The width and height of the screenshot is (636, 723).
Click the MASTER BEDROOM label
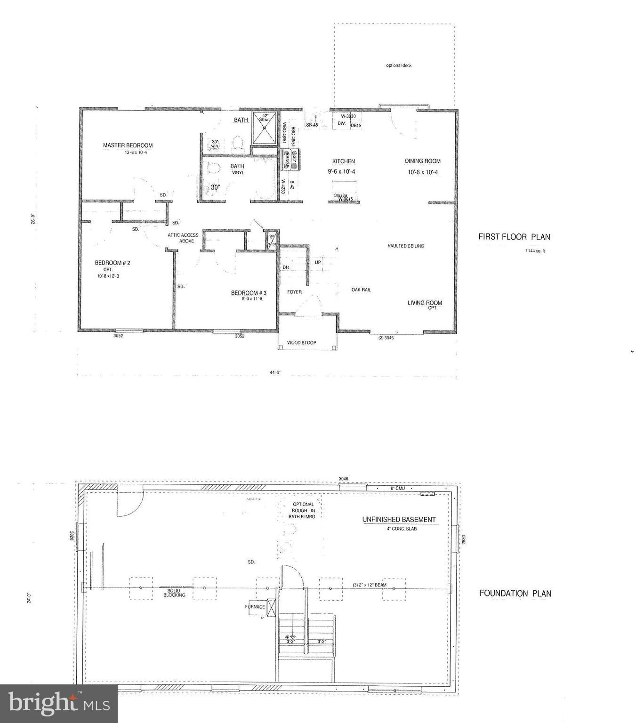(x=128, y=145)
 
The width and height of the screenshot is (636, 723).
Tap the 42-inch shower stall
(x=265, y=128)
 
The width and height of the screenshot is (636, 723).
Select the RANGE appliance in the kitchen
(x=285, y=160)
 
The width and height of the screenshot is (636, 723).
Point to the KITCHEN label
(x=343, y=161)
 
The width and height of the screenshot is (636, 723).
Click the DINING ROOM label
(x=423, y=161)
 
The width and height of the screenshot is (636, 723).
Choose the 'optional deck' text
(x=399, y=65)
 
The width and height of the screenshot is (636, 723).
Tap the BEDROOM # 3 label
(x=249, y=293)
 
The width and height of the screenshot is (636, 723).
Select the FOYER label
(x=294, y=292)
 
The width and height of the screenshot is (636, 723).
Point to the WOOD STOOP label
(x=302, y=343)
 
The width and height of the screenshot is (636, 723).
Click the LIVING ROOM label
(x=425, y=303)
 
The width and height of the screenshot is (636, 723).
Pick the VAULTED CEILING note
(x=406, y=246)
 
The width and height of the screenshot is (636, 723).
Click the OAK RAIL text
(x=361, y=290)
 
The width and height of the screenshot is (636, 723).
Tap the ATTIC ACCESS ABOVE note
(x=183, y=238)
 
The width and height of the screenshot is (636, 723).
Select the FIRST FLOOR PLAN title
(x=514, y=237)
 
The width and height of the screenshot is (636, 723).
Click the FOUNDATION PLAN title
(x=515, y=593)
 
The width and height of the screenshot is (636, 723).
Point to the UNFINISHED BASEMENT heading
(x=399, y=520)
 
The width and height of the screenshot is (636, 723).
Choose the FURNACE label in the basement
(x=255, y=607)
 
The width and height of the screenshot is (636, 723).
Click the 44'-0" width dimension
(x=275, y=372)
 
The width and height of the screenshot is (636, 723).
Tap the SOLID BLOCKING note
(x=174, y=593)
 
